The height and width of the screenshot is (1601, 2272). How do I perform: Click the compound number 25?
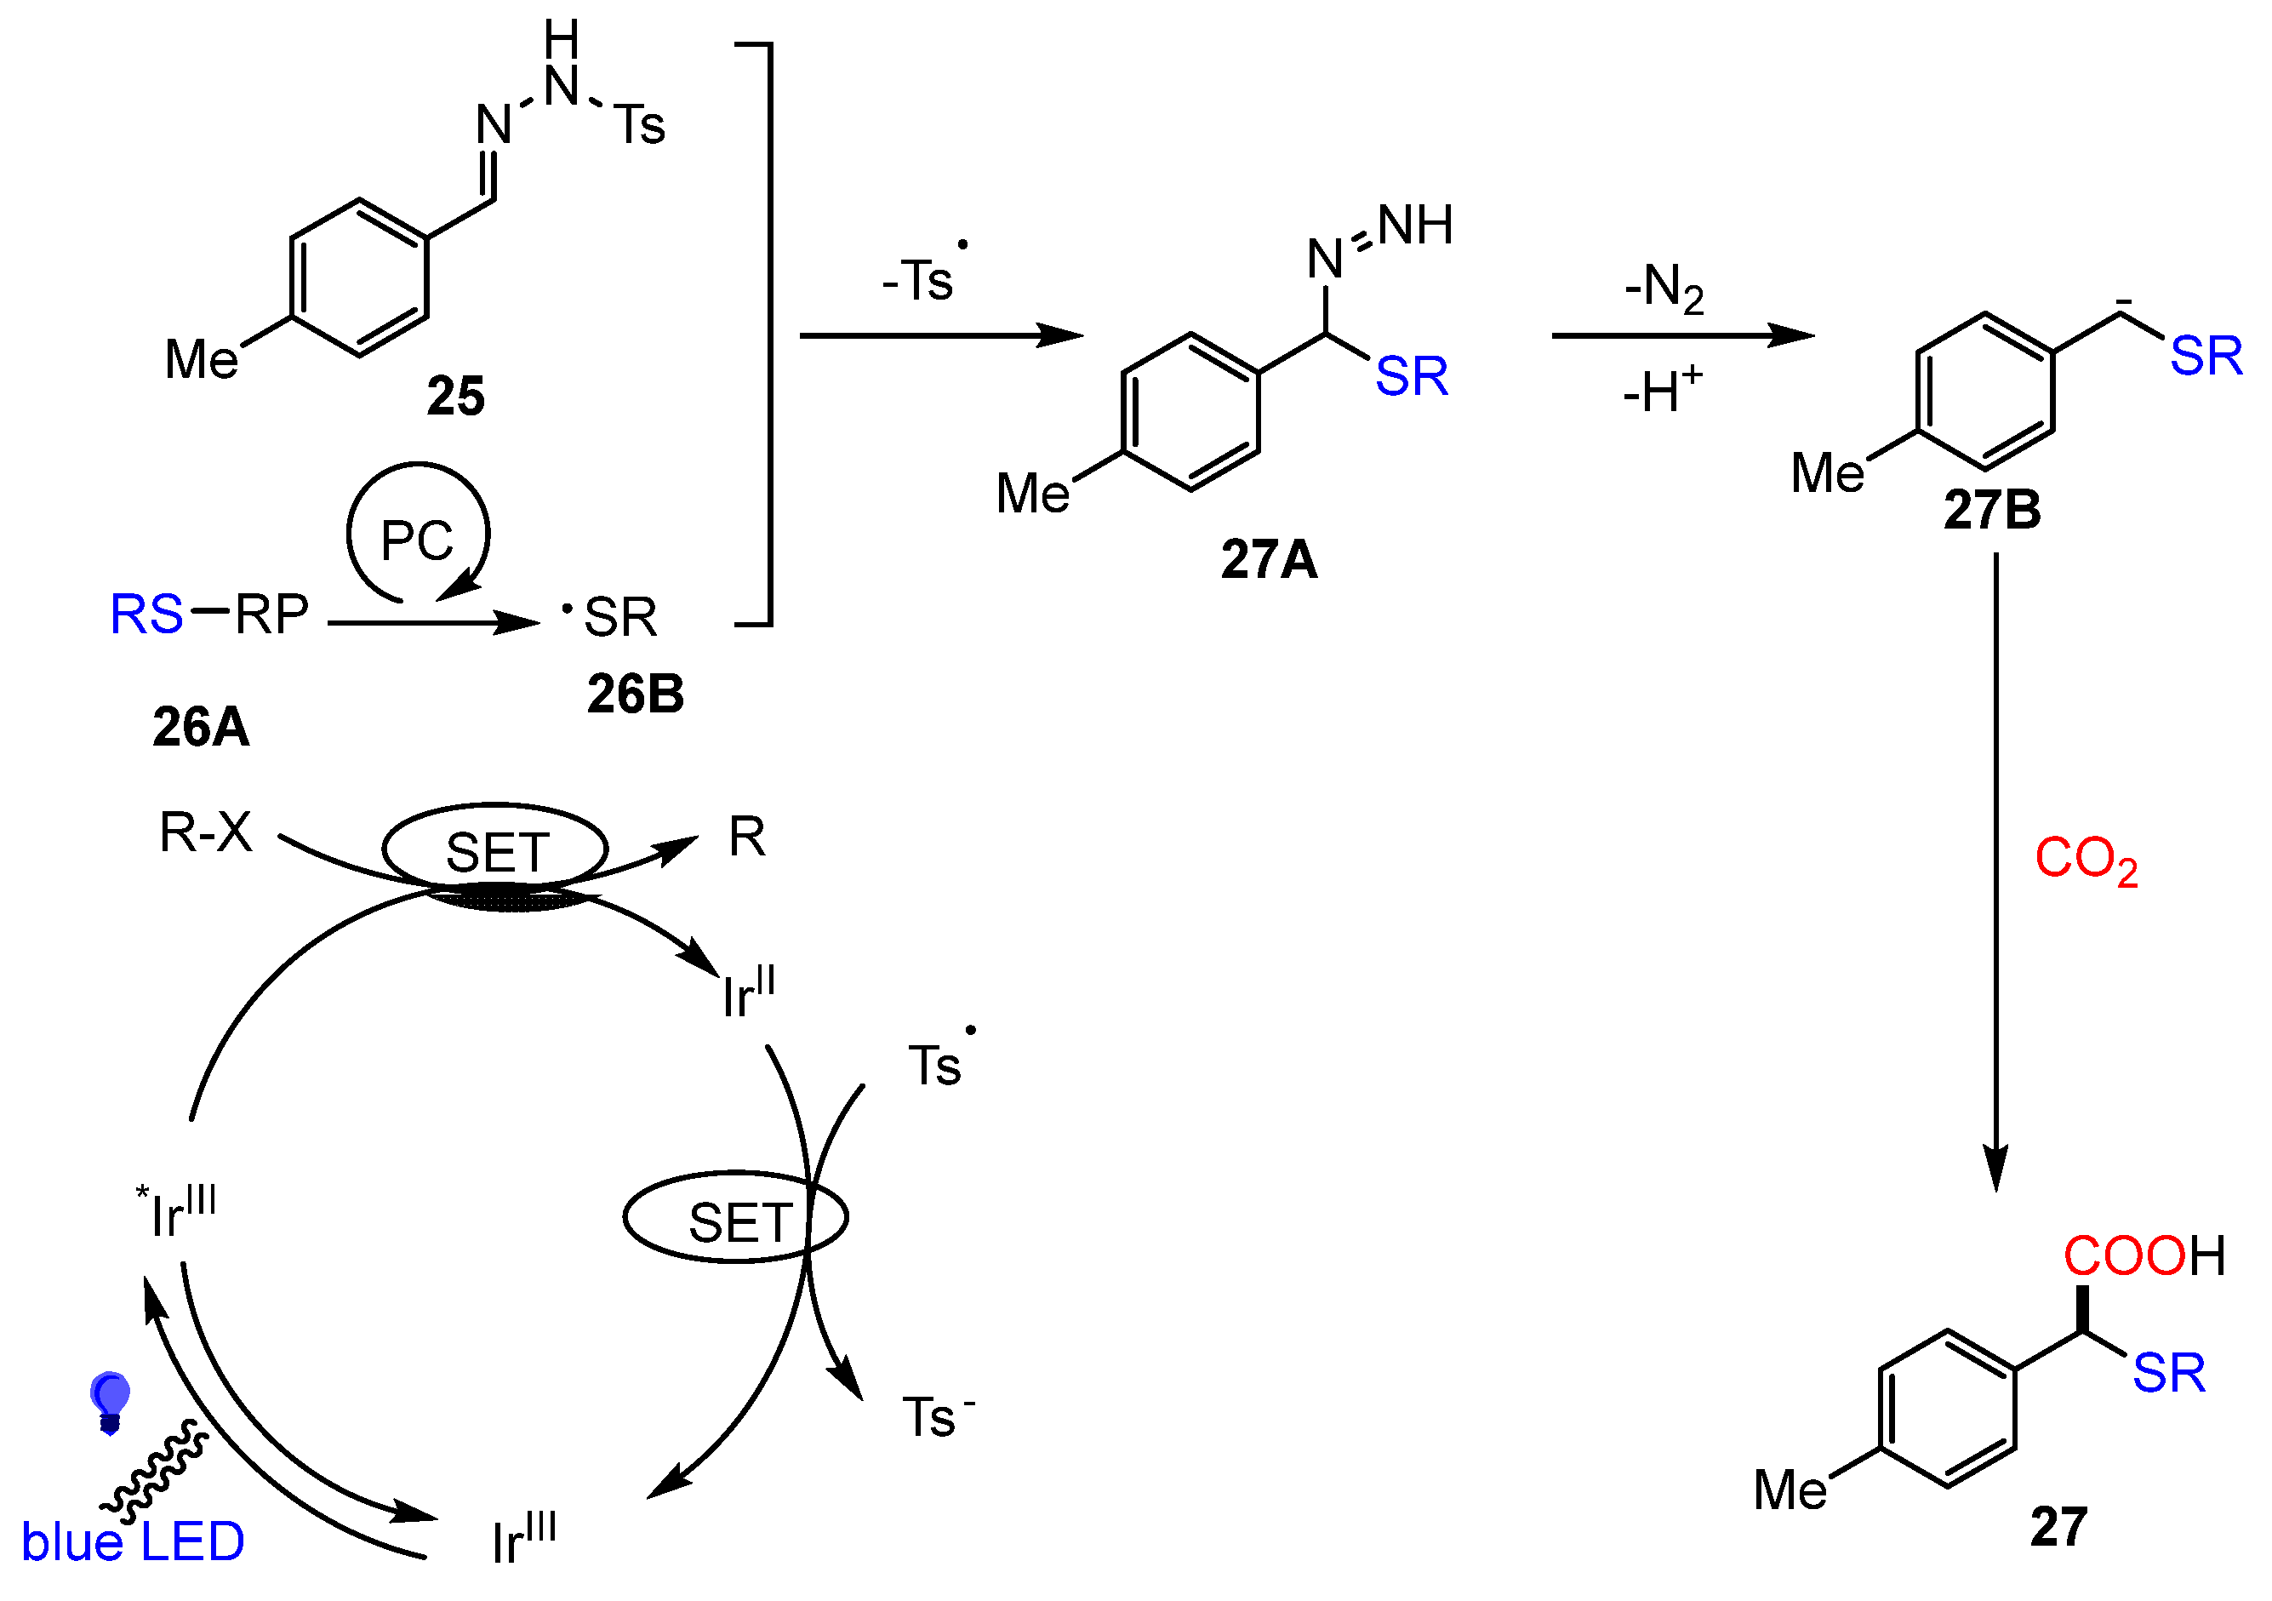click(x=455, y=397)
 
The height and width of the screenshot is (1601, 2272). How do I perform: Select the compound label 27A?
click(x=1269, y=560)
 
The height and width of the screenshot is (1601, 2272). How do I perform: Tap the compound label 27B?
click(x=1992, y=511)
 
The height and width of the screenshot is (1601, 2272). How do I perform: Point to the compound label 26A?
click(x=201, y=727)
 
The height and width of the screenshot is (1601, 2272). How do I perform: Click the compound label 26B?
click(x=636, y=695)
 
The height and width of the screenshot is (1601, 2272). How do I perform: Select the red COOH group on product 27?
click(x=2144, y=1256)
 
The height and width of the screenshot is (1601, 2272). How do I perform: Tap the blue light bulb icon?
click(x=110, y=1401)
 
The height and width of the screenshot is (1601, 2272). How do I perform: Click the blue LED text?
click(x=133, y=1541)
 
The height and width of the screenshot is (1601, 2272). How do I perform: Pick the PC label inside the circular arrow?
click(x=417, y=541)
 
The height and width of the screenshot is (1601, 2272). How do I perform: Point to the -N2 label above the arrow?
click(x=1664, y=288)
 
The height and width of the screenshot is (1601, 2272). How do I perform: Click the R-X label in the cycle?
click(x=206, y=833)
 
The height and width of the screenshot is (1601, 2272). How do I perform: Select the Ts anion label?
click(x=936, y=1417)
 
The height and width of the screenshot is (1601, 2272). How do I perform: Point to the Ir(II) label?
click(x=748, y=993)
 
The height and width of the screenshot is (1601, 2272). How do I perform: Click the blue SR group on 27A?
click(x=1411, y=377)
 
